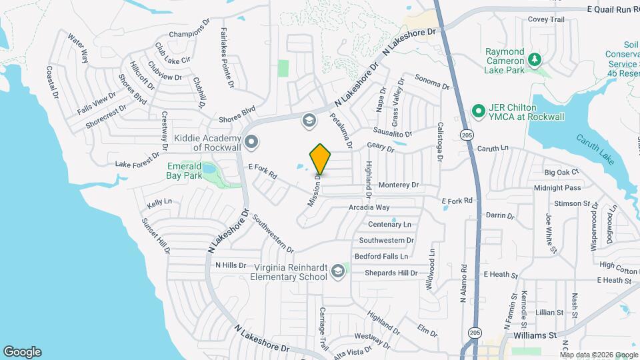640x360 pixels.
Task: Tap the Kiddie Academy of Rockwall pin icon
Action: (x=251, y=141)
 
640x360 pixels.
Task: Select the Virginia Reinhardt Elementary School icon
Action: (x=338, y=270)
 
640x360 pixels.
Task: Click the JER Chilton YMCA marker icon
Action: (x=478, y=110)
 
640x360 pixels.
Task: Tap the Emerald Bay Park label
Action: (x=183, y=171)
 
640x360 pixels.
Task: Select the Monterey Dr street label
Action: (x=398, y=185)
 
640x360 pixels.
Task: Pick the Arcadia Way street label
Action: (x=369, y=208)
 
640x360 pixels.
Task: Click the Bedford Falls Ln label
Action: (x=381, y=256)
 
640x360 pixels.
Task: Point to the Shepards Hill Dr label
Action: (x=391, y=273)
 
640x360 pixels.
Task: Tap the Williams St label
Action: (x=535, y=335)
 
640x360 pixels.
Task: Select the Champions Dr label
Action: (x=189, y=34)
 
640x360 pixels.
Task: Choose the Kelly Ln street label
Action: (x=159, y=201)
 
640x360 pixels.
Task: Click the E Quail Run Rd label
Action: (x=613, y=9)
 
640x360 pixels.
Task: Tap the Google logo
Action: (x=22, y=351)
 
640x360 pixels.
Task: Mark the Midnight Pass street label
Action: (x=557, y=188)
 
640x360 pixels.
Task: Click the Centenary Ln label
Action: (x=390, y=225)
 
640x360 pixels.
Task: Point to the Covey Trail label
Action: (x=546, y=19)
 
